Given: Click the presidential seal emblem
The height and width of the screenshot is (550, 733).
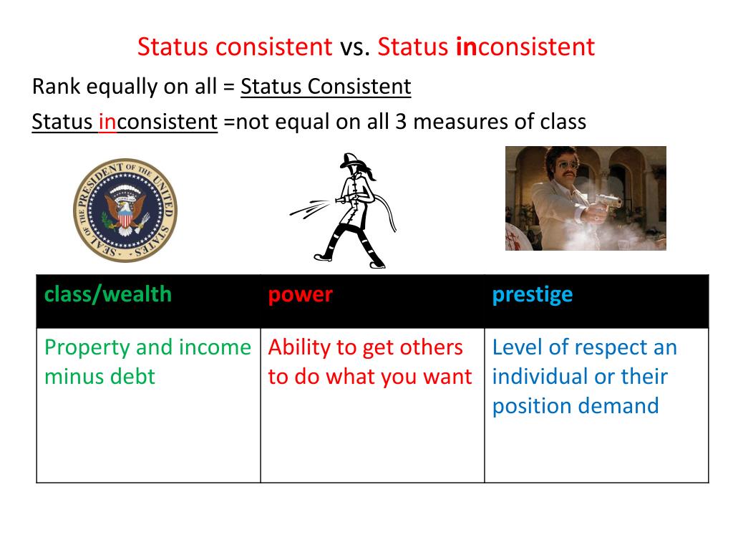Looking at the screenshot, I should tap(125, 211).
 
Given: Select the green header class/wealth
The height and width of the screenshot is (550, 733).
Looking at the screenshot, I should tap(108, 294).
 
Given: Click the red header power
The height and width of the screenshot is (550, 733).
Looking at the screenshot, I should tap(300, 294).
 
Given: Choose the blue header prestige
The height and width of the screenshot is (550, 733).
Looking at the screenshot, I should tap(532, 294).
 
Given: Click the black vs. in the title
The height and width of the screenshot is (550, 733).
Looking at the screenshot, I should tap(355, 47).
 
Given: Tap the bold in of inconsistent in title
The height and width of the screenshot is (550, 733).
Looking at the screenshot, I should tap(466, 47).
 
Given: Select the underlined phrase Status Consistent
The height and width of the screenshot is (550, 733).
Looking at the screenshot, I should tap(326, 87).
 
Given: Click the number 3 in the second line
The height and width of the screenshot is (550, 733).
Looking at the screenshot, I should tap(401, 122).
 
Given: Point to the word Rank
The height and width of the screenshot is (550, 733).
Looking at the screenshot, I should tap(56, 87).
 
